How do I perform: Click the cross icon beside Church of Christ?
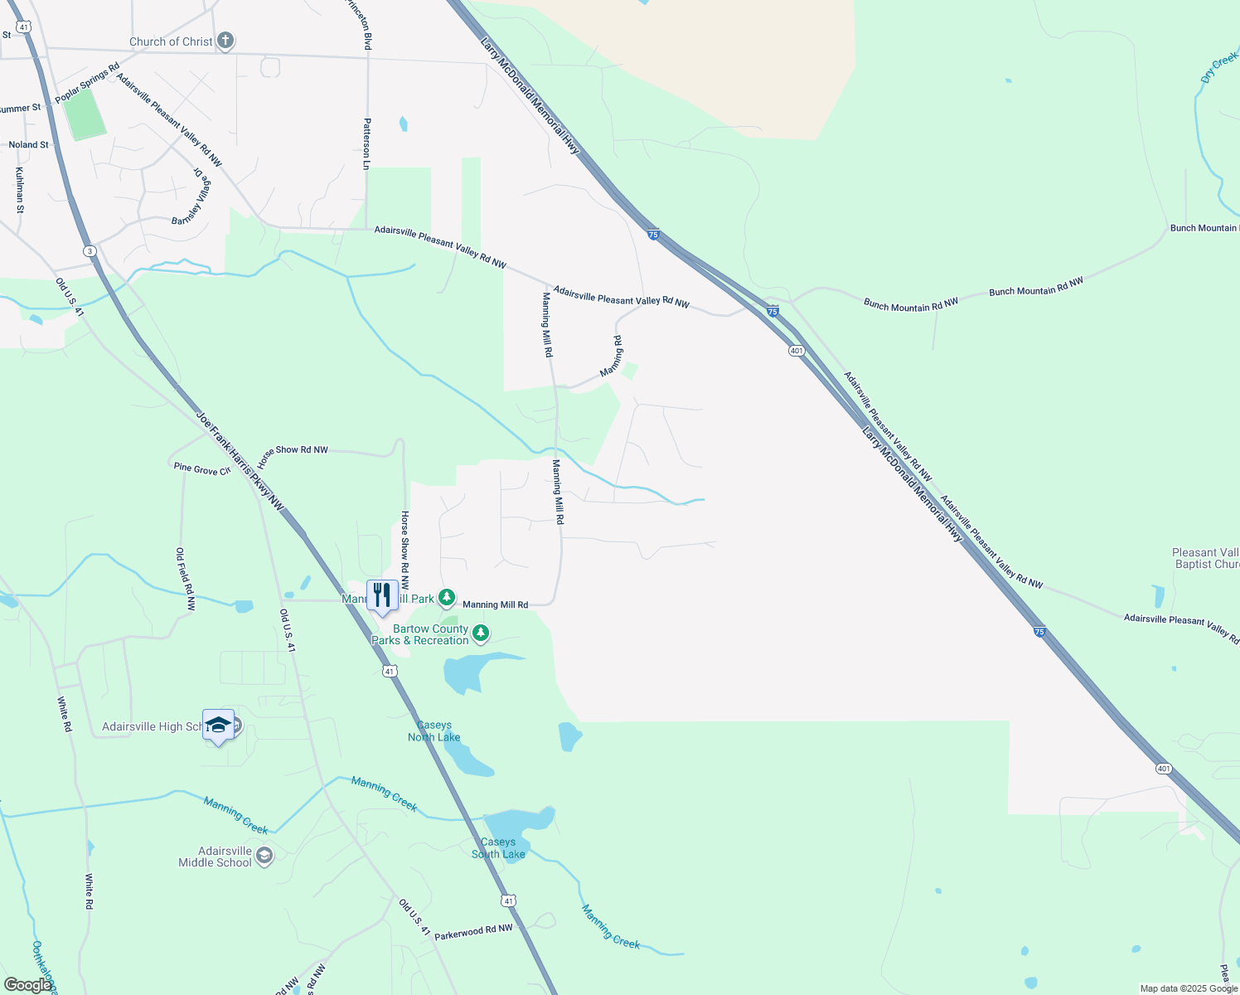[225, 41]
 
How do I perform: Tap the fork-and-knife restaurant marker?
[381, 595]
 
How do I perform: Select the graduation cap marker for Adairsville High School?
[218, 725]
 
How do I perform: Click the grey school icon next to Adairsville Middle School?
[264, 856]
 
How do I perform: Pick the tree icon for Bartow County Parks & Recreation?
[480, 634]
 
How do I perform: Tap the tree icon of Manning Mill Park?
[447, 597]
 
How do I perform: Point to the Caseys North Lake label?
[434, 731]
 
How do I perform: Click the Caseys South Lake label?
[498, 848]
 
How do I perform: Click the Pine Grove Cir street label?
[201, 469]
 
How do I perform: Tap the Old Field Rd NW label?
[186, 579]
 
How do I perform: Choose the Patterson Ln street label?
[366, 143]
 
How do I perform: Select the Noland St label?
[29, 144]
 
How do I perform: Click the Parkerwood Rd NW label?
[473, 931]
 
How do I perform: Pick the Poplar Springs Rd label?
[87, 83]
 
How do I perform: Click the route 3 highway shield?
[90, 251]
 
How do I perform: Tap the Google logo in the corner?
[27, 985]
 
